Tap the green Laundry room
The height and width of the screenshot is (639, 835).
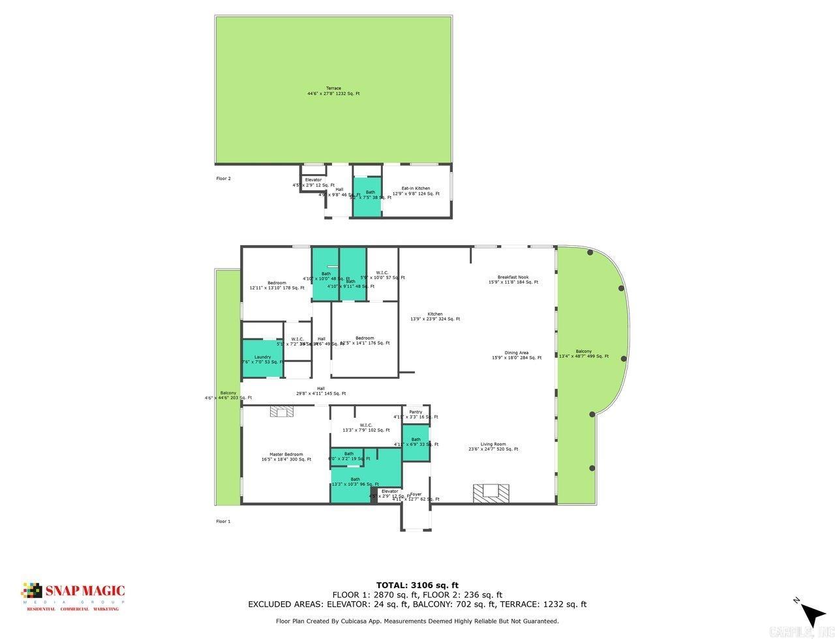pos(263,359)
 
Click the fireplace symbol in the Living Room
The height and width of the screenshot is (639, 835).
pos(491,493)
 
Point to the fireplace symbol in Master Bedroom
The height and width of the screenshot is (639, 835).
pos(282,411)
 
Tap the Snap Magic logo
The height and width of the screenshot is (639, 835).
pos(73,595)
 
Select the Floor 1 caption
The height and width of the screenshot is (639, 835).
pos(223,521)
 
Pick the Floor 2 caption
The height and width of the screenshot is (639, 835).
pos(223,178)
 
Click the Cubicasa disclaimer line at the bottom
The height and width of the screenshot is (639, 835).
pos(417,621)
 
